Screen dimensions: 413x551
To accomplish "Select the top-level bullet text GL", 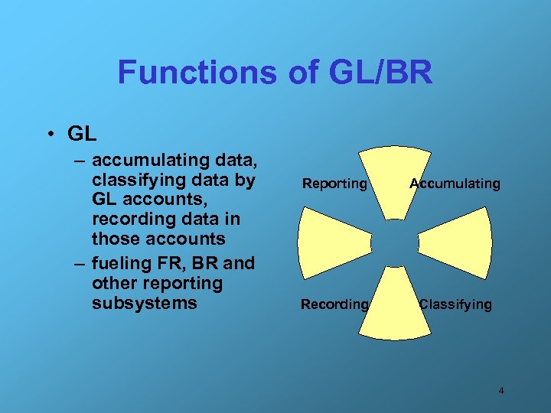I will (82, 134).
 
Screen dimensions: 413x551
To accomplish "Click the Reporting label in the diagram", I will (334, 184).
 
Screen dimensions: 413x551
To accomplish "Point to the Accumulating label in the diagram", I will (455, 184).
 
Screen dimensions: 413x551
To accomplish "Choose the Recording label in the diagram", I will (334, 304).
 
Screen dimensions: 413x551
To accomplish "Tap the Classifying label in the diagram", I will (455, 304).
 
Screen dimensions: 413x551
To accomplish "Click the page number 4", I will (501, 391).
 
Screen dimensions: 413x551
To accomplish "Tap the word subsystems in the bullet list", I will (144, 303).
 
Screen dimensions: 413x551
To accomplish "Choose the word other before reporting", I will (115, 284).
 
